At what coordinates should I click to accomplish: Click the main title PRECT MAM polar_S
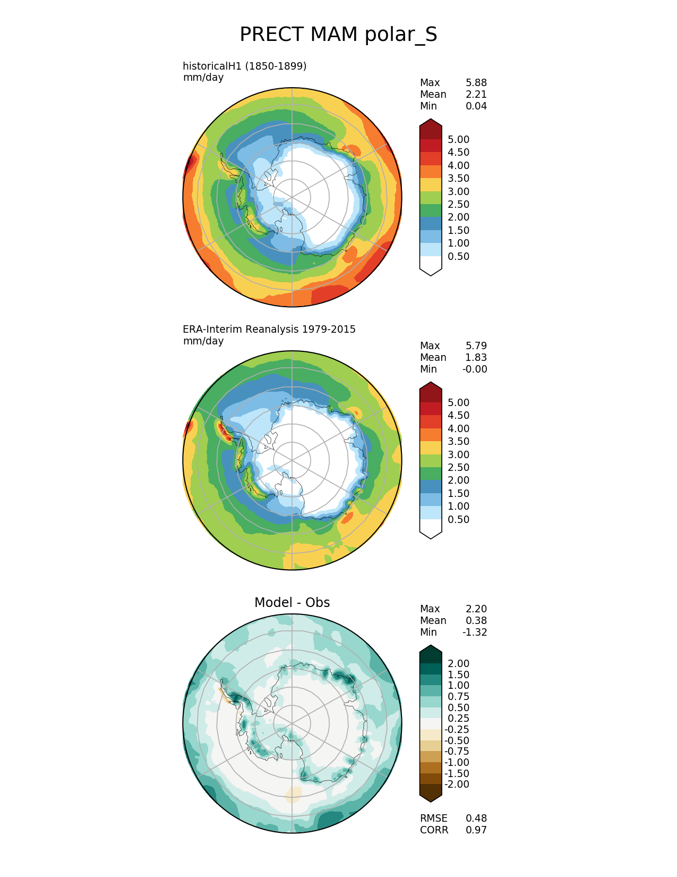point(338,35)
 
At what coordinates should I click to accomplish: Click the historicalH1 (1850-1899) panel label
point(244,66)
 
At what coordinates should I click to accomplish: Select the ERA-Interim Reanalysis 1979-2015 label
point(269,329)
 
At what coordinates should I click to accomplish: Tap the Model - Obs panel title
point(292,602)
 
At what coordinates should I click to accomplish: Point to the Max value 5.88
point(476,82)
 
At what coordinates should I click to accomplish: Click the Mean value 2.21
point(476,94)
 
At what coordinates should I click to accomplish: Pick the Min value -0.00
point(475,369)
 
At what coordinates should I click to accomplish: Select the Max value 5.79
point(476,345)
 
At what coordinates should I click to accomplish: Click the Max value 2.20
point(476,609)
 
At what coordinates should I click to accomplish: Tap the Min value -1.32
point(475,632)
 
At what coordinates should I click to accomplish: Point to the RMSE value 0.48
point(476,818)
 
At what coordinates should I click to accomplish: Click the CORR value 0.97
point(476,830)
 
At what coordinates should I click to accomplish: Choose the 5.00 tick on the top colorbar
point(458,139)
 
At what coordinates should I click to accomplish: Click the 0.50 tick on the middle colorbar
point(458,519)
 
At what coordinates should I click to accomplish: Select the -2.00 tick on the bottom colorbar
point(457,784)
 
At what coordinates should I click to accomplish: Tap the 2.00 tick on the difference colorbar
point(458,663)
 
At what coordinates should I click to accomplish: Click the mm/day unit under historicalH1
point(203,78)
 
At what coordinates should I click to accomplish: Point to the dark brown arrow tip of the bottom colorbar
point(431,794)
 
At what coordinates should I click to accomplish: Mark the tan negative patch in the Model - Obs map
point(294,795)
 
